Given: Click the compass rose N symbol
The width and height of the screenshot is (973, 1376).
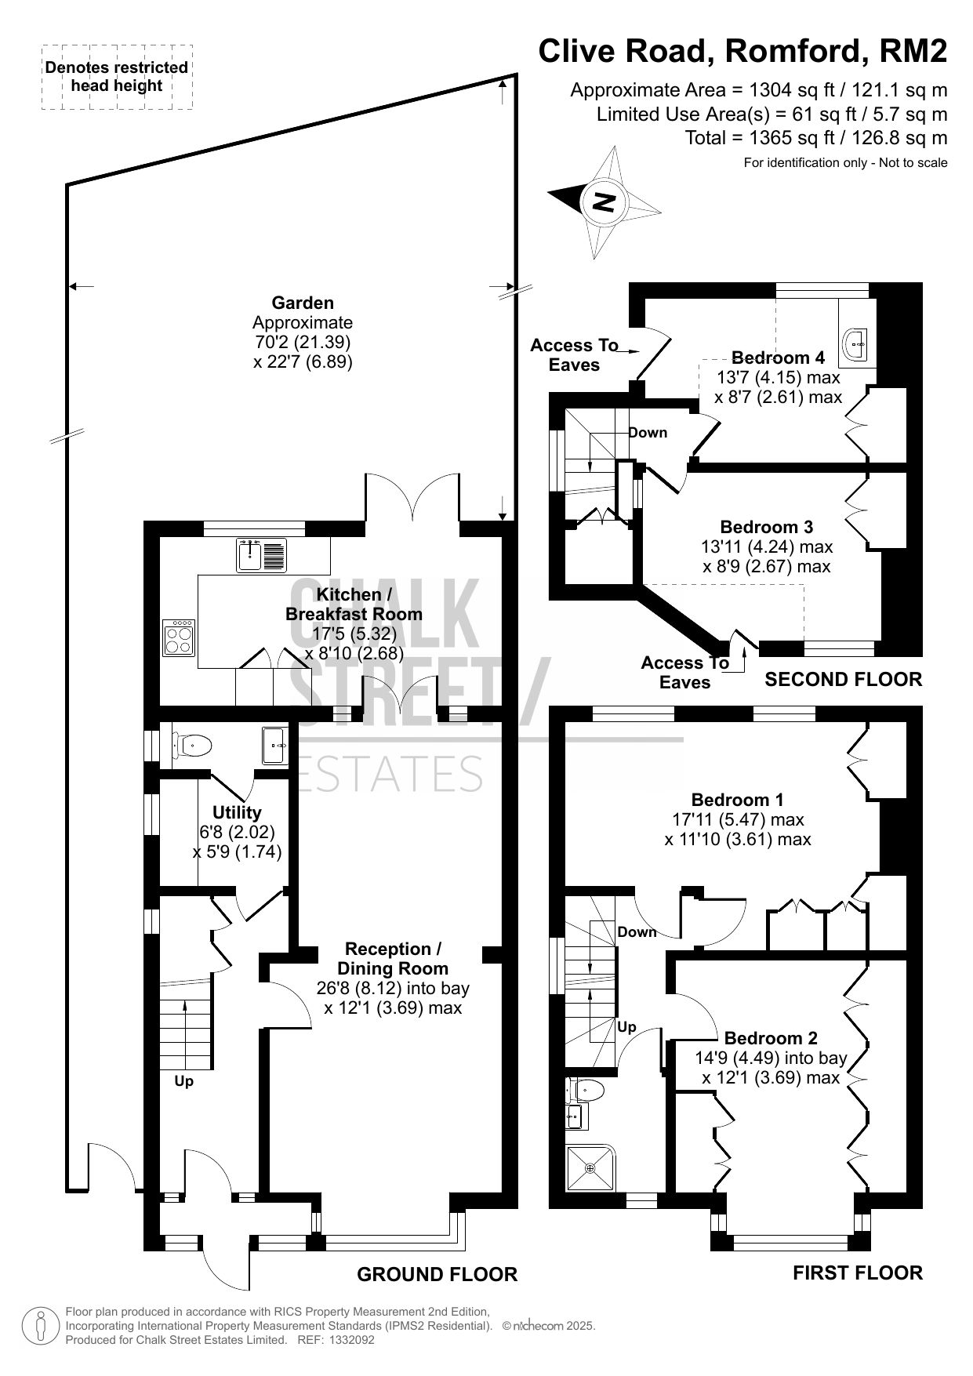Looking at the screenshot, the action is point(604,202).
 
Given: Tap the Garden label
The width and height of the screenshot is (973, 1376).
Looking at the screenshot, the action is point(303,303).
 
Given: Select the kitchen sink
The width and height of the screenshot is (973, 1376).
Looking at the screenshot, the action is point(262,555).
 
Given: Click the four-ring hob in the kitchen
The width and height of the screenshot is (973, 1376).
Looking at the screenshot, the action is point(179,637).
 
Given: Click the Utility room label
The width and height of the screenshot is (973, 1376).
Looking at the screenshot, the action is point(237,812).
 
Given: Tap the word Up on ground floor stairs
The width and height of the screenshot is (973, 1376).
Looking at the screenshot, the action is point(183,1081).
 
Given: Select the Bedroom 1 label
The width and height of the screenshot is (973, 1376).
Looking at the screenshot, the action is point(737,800).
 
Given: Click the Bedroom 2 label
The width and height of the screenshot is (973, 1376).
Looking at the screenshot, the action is point(771,1038).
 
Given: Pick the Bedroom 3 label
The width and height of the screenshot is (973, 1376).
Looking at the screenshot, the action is point(767,527).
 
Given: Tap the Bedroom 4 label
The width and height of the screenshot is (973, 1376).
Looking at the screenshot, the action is point(778,358).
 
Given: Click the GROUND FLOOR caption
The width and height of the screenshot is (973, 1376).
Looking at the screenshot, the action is point(437,1275).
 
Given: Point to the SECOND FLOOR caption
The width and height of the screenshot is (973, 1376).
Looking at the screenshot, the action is point(844,679).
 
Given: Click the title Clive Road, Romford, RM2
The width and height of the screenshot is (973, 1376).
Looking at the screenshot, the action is point(742,51).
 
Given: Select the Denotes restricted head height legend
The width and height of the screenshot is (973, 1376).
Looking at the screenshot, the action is point(117,76).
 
